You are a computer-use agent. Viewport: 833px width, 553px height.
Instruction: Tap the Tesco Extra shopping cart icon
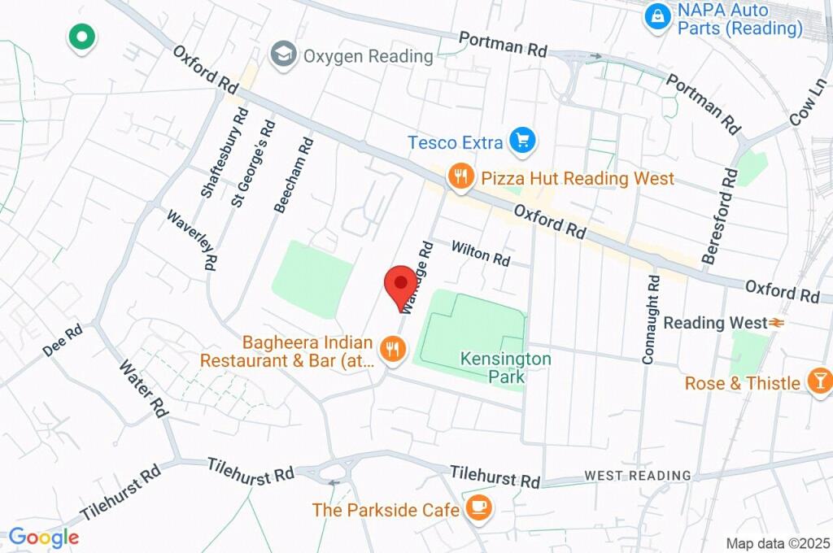tap(522, 142)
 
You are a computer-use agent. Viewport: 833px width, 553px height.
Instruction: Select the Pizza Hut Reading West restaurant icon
tap(461, 176)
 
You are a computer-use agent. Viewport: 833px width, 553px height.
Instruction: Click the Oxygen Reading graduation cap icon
tap(283, 56)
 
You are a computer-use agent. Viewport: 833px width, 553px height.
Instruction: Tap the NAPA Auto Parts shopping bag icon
tap(656, 16)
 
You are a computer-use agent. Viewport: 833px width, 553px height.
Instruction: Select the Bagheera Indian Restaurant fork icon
tap(393, 350)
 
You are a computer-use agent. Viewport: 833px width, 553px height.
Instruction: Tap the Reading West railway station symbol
tap(776, 323)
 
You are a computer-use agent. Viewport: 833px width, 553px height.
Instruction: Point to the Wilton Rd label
tap(480, 253)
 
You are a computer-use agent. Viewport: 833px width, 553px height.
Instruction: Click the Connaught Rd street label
tap(651, 319)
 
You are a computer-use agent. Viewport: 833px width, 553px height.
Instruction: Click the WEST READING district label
tap(638, 475)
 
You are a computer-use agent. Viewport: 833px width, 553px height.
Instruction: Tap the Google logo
tap(44, 537)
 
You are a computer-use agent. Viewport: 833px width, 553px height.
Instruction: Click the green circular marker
tap(82, 37)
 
